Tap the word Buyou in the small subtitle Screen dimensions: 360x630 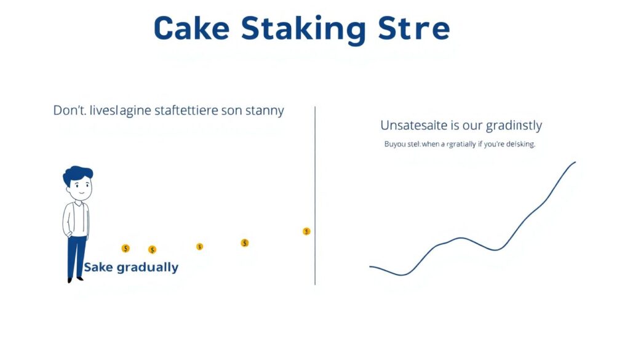(394, 144)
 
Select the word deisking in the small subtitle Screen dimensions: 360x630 (519, 144)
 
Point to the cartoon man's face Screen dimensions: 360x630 (79, 188)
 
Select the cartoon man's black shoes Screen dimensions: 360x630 (74, 280)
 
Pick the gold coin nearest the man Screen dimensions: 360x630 (126, 249)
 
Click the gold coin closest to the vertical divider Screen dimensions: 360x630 (306, 231)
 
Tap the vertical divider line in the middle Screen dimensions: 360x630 (315, 197)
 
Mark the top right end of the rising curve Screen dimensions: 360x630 (575, 162)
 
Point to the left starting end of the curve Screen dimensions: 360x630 (370, 266)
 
